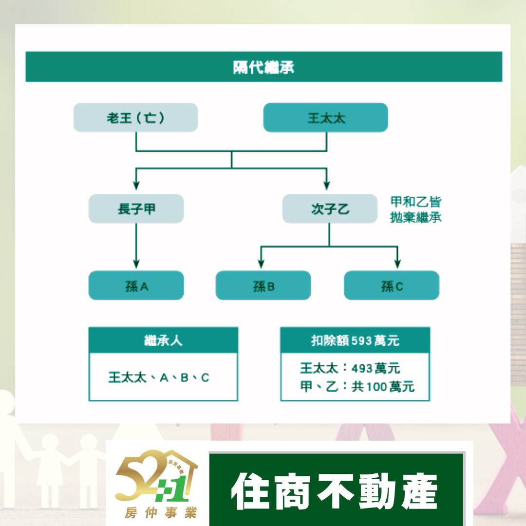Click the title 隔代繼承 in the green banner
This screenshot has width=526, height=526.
pos(263,67)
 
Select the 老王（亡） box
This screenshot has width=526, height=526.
pos(135,117)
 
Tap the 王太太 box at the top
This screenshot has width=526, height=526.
pos(325,117)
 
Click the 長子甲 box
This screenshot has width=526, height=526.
pos(136,209)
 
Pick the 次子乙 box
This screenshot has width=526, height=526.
pos(330,209)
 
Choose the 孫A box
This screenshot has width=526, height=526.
pos(136,285)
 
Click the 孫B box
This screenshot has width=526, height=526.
pos(263,285)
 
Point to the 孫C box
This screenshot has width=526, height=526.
pos(392,285)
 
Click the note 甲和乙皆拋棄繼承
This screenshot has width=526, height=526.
pos(415,209)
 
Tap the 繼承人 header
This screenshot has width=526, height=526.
pos(163,340)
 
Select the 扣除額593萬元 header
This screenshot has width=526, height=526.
pos(355,340)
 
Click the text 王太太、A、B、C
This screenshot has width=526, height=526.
pos(159,377)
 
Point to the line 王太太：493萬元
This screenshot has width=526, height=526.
pos(350,368)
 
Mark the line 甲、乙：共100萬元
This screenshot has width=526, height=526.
pos(357,387)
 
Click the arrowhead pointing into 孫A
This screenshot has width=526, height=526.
pos(136,263)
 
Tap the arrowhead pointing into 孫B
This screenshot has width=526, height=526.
pos(261,263)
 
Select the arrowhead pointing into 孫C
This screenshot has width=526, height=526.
pos(397,263)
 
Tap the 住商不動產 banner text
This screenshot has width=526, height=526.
pos(335,490)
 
